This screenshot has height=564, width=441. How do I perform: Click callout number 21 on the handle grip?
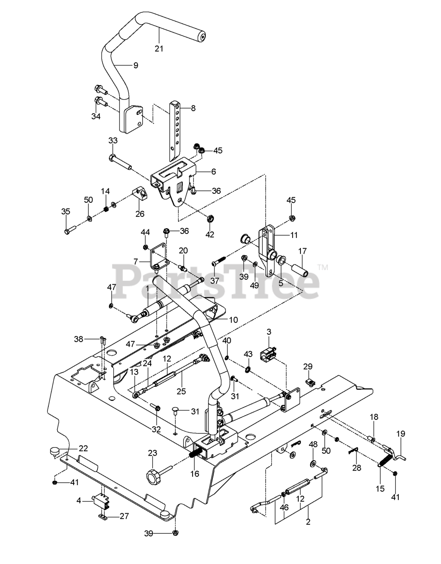coord(159,48)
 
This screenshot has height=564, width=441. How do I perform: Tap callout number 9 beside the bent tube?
coord(136,65)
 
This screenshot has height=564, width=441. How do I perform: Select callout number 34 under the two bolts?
coord(96,116)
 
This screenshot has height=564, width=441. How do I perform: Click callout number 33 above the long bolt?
coord(113,141)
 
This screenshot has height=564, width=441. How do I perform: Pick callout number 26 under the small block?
coord(140,214)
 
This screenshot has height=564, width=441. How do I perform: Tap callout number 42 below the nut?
coord(210,234)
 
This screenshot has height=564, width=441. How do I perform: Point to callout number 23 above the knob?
coord(152,453)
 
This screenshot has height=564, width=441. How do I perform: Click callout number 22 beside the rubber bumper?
coord(83,449)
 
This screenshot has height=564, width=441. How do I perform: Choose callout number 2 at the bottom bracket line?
coord(308,522)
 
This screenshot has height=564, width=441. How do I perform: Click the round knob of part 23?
coord(153,477)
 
